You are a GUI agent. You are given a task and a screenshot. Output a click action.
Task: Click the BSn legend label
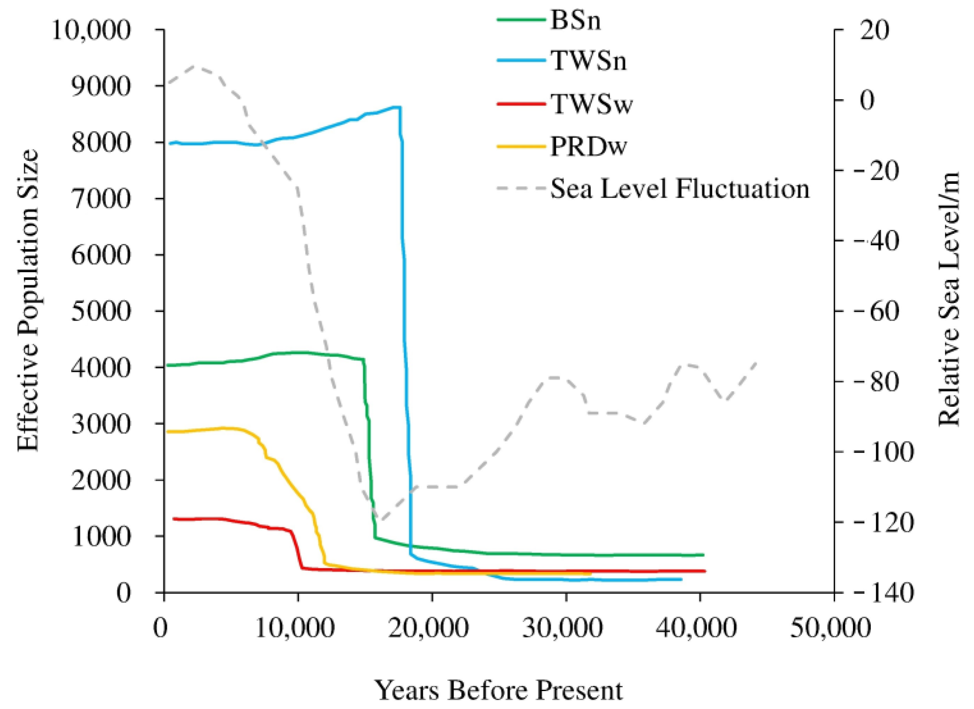click(575, 20)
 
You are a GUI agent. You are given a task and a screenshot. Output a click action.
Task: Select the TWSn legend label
click(588, 61)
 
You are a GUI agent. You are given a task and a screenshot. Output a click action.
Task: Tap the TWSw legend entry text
click(591, 105)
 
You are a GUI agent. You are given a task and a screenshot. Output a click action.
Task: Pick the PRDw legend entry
click(588, 146)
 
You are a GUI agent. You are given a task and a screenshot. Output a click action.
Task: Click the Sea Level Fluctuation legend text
click(680, 189)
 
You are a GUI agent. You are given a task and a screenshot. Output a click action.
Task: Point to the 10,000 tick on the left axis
click(91, 31)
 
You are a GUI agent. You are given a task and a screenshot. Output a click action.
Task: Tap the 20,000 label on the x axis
click(432, 629)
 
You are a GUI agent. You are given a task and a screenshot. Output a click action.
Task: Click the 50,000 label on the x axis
click(834, 629)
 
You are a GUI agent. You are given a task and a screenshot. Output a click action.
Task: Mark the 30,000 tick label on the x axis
click(566, 629)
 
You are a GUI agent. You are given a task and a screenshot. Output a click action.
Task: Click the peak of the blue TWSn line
click(398, 107)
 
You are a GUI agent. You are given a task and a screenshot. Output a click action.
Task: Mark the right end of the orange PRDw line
click(590, 574)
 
